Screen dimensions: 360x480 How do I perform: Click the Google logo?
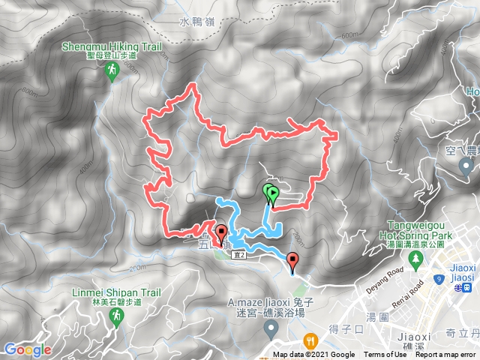[x=27, y=349]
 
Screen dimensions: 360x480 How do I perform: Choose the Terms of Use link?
[x=385, y=355]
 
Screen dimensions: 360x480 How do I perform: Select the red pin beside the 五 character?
[x=220, y=232]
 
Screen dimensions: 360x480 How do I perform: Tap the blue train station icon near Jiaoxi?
[x=467, y=286]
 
